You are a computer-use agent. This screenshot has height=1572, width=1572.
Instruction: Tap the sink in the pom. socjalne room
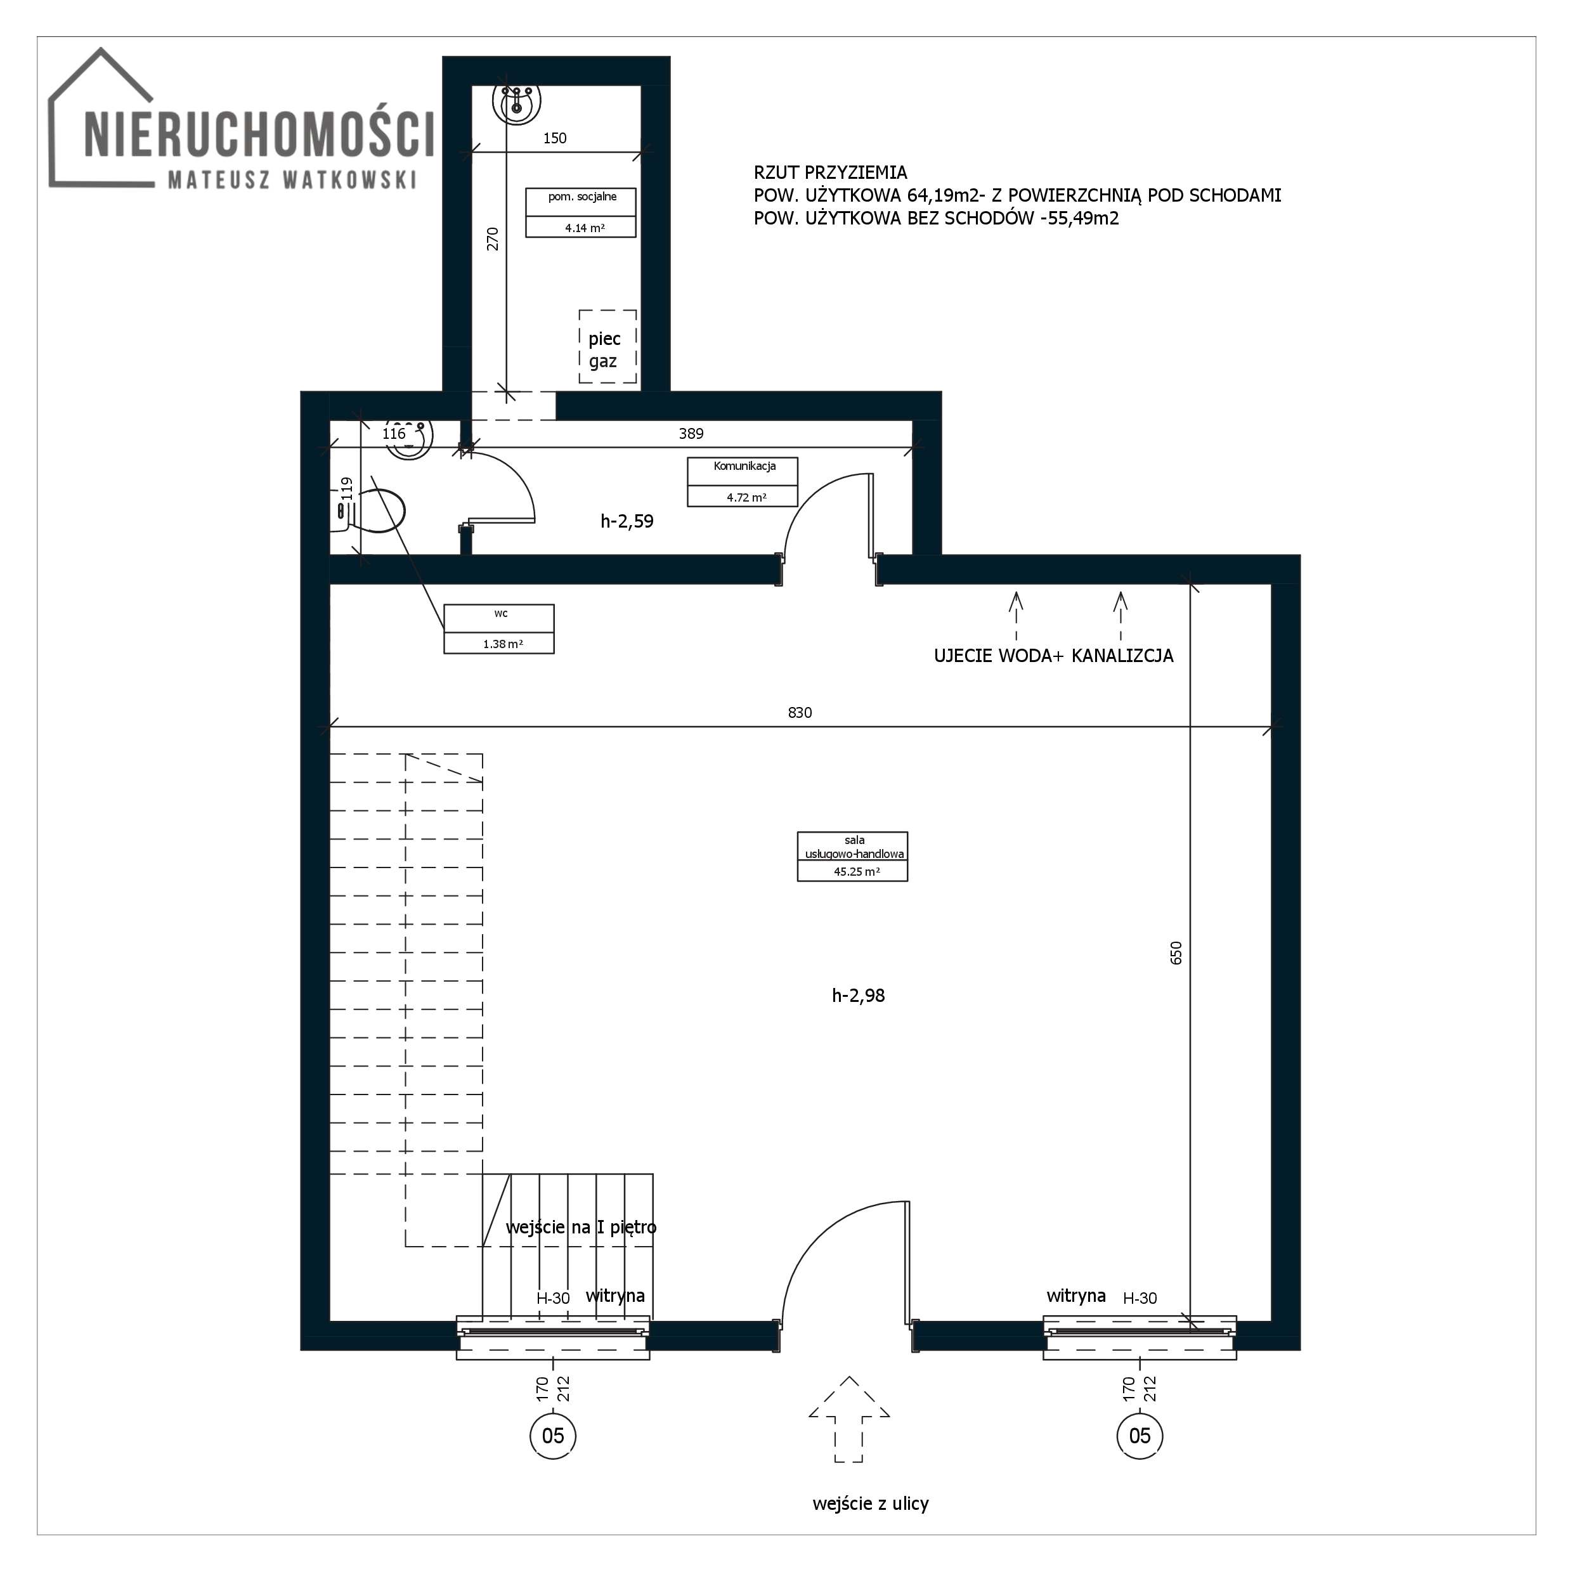point(517,103)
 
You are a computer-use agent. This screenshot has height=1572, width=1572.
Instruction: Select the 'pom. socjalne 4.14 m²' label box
point(580,212)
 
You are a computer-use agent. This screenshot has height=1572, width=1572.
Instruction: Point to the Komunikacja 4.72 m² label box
point(742,482)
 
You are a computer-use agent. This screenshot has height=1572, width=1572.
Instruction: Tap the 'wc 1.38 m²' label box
point(499,629)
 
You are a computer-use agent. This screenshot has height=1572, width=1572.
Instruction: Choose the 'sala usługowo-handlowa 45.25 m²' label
point(852,856)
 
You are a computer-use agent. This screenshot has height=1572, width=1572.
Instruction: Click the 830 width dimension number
point(800,713)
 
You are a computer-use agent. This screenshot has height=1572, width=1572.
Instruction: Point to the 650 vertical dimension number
point(1176,953)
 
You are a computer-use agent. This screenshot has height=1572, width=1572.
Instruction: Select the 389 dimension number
point(691,434)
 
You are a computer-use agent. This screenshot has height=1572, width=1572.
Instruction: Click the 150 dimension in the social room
point(555,138)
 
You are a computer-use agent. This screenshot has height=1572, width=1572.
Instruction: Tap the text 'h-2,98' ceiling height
point(859,995)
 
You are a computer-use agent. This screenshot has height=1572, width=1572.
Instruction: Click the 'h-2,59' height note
point(627,521)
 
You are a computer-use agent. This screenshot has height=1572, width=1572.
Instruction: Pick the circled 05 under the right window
point(1140,1435)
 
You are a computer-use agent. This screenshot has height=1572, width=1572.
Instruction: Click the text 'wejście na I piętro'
point(581,1227)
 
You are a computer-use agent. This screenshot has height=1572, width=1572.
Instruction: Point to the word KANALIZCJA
point(1123,656)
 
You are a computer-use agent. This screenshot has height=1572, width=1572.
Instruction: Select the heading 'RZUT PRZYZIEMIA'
point(830,172)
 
